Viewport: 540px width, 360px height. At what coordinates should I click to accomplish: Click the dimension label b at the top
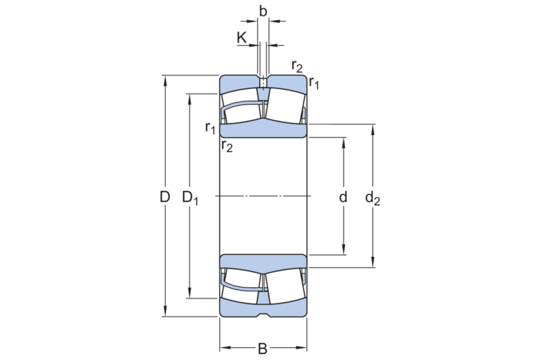click(263, 11)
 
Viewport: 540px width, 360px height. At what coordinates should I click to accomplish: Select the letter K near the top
click(242, 38)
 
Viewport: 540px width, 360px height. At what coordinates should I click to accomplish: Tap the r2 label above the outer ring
click(297, 67)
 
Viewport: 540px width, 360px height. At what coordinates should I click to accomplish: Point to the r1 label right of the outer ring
click(314, 84)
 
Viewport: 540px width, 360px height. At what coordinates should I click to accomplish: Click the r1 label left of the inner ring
click(210, 128)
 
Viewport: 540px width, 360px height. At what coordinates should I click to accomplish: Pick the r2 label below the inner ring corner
click(227, 146)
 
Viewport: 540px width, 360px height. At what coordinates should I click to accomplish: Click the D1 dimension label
click(190, 198)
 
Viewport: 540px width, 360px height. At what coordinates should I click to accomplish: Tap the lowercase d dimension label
click(344, 197)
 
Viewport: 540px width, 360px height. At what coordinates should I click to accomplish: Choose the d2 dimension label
click(372, 198)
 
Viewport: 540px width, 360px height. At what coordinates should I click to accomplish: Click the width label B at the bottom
click(263, 349)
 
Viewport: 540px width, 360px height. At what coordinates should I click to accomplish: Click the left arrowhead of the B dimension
click(224, 349)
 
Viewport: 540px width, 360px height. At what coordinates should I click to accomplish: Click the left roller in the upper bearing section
click(241, 105)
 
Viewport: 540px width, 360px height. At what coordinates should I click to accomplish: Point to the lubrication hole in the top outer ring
click(263, 82)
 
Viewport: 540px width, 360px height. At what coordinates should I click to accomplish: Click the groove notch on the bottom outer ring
click(263, 314)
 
